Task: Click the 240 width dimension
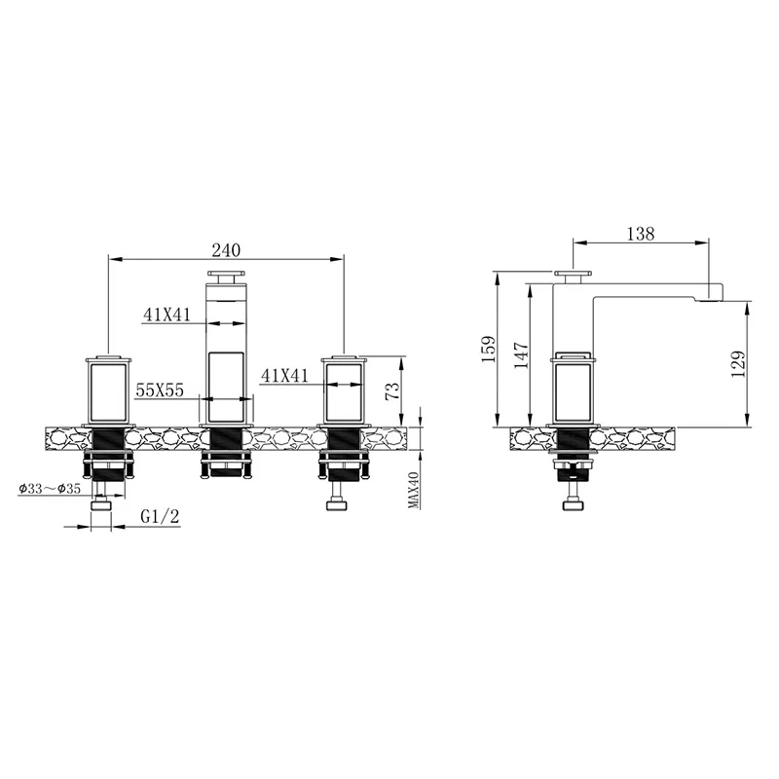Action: pos(226,250)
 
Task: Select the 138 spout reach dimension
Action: pos(641,234)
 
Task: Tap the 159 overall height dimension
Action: pos(489,350)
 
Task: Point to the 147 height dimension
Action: pos(521,354)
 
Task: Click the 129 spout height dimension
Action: pos(738,364)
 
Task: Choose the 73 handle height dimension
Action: pos(392,391)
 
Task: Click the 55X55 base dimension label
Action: pos(160,390)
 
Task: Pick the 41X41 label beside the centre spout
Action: pos(167,314)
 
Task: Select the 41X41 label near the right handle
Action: pos(284,375)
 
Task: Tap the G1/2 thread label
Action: pos(160,517)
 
